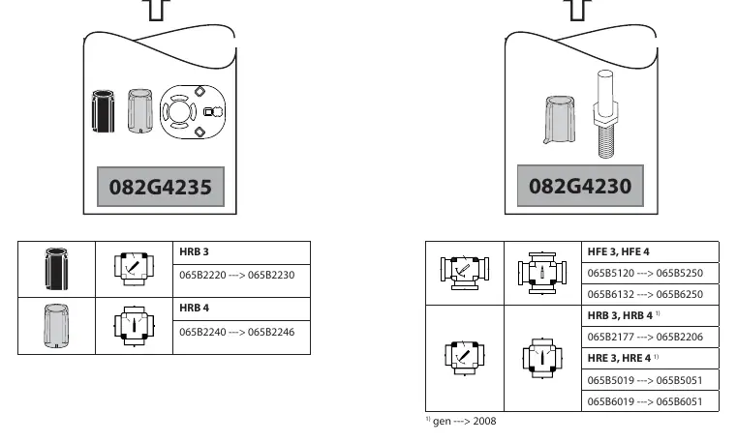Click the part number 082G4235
160,187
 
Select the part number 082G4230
580,186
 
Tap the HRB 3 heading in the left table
194,251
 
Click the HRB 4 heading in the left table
194,308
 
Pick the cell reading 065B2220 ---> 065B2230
237,275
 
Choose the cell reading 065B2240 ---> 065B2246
237,332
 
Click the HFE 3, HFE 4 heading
618,251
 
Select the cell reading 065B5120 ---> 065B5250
645,273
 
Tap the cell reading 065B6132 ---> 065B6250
645,294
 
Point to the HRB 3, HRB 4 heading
620,315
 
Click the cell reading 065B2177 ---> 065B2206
645,337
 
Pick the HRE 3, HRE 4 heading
619,359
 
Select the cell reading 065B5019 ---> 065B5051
645,380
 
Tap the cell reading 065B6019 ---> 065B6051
645,401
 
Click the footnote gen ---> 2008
465,421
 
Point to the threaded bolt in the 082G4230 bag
604,114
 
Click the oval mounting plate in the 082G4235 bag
193,112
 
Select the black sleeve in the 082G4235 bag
103,110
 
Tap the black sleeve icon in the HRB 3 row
56,269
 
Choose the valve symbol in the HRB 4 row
134,326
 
